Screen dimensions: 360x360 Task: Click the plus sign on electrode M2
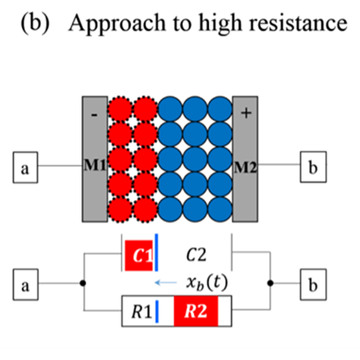tap(245, 112)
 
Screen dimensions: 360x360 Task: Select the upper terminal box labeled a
tap(25, 167)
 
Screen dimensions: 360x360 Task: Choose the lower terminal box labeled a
tap(25, 285)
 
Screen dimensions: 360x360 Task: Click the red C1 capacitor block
tap(139, 256)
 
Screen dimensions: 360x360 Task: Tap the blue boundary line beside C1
tap(156, 256)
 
